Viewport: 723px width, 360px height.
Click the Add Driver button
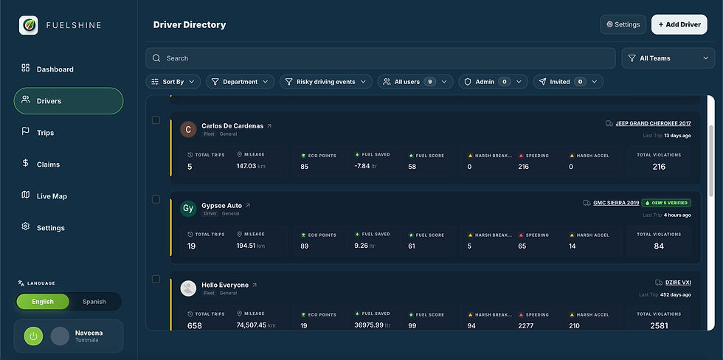[679, 24]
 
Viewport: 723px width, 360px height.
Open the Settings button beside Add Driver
[623, 24]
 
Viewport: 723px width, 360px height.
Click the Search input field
[380, 58]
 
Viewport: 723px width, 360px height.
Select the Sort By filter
[173, 82]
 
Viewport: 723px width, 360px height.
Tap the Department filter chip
[240, 82]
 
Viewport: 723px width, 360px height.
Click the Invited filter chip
[567, 82]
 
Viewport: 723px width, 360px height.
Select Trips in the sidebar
[46, 133]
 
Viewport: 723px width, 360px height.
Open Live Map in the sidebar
[52, 196]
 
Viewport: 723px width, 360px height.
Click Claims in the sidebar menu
[48, 165]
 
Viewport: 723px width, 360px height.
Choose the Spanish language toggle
[94, 302]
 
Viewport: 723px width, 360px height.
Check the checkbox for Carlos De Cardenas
[156, 120]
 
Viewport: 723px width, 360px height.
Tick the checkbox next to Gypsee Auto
[156, 199]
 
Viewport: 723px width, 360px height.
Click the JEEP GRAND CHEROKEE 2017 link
[653, 123]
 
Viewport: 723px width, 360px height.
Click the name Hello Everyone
[225, 285]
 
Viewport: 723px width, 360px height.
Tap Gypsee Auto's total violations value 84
[659, 246]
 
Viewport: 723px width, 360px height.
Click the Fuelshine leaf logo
[29, 25]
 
